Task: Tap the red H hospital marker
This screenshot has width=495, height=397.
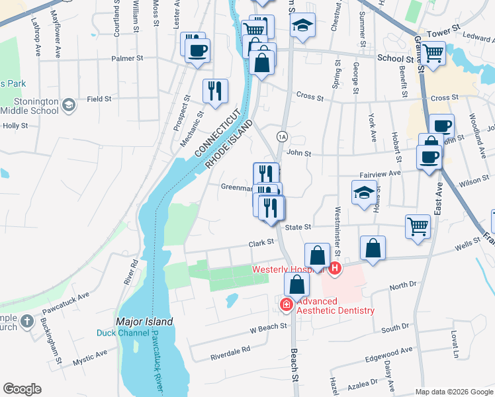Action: click(x=336, y=268)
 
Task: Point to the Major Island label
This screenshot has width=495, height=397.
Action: click(x=144, y=322)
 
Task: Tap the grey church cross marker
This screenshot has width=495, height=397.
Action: click(x=26, y=322)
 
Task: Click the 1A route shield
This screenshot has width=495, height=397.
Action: click(x=283, y=136)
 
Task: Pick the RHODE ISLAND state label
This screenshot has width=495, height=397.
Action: click(x=229, y=145)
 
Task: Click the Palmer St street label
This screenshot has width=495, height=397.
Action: click(x=127, y=58)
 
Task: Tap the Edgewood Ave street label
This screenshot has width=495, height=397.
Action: click(x=388, y=353)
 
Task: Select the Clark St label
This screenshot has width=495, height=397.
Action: click(x=261, y=243)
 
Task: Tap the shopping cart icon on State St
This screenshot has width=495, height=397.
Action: click(x=418, y=226)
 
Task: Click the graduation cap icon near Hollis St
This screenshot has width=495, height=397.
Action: click(x=363, y=193)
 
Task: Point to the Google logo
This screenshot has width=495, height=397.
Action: click(x=22, y=389)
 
